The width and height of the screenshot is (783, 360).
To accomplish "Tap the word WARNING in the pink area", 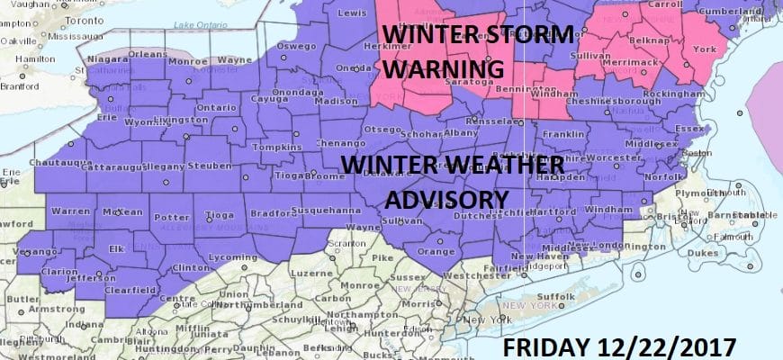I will click(x=438, y=69).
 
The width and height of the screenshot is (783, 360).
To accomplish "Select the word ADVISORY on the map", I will click(x=438, y=197).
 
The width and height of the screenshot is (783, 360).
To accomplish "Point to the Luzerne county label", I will click(x=312, y=271).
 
